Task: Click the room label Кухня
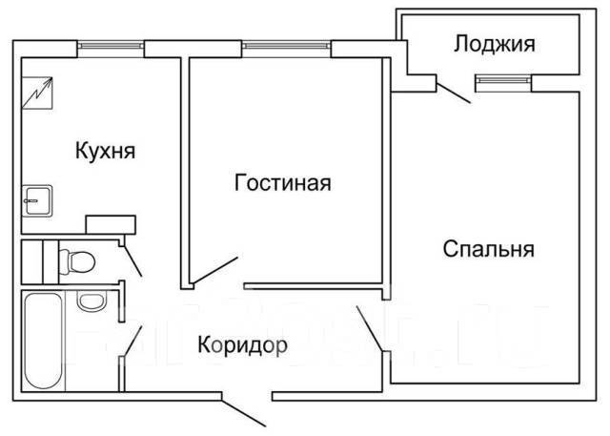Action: point(105,150)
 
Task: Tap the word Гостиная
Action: point(282,183)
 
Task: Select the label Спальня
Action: point(488,250)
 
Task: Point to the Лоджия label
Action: point(493,43)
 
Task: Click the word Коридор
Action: point(242,343)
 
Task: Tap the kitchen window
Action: point(112,45)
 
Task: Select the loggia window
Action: point(501,81)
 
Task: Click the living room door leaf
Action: point(214,271)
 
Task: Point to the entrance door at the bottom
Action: point(245,410)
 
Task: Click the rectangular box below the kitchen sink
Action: point(112,224)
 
